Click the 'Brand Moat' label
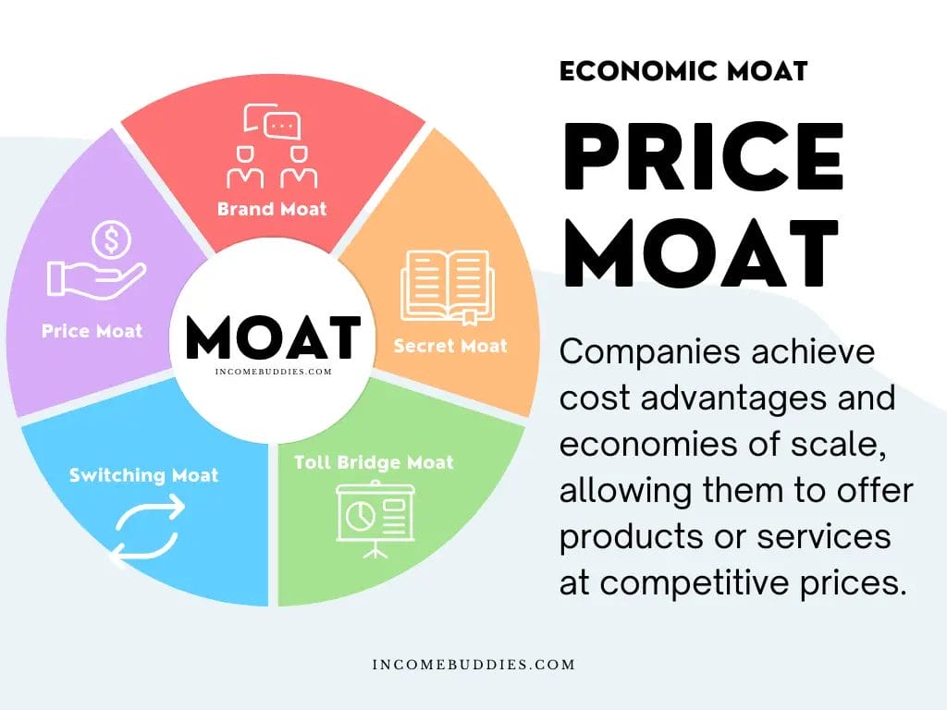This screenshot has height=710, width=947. [x=272, y=209]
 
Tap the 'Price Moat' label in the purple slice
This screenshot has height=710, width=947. [x=92, y=331]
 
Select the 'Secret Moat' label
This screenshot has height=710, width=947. [x=450, y=346]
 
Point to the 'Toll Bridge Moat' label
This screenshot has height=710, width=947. [x=374, y=462]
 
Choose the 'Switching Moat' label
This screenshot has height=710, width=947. [x=143, y=475]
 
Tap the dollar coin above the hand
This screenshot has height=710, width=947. [x=112, y=239]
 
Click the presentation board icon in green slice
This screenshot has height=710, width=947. [x=375, y=520]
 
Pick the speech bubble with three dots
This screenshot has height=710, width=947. [x=282, y=126]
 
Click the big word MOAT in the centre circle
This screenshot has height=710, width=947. [x=273, y=337]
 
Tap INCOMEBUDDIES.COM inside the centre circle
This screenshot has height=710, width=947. [x=274, y=372]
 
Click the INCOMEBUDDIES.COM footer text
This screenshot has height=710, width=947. [x=473, y=665]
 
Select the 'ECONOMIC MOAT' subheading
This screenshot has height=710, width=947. [x=683, y=71]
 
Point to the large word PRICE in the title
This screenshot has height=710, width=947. [x=704, y=156]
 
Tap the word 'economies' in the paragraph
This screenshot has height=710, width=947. [x=649, y=445]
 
